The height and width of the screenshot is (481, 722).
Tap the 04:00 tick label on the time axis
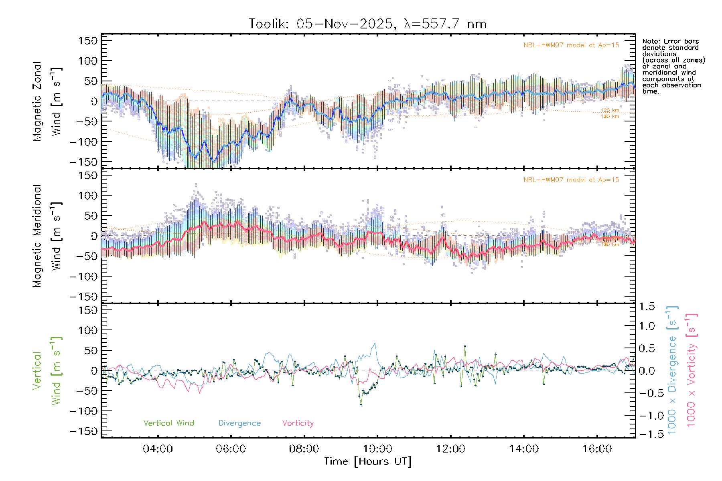[x=158, y=449]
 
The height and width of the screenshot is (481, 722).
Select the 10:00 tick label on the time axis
[x=377, y=449]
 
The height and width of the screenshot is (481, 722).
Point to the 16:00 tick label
[x=597, y=449]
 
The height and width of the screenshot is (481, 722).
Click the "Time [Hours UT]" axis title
[x=368, y=461]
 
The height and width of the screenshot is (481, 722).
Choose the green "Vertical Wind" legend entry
[x=168, y=423]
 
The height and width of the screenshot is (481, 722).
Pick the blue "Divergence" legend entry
[x=239, y=423]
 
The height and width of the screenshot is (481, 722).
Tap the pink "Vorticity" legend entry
[x=298, y=423]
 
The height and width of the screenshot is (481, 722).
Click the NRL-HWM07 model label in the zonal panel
[x=571, y=45]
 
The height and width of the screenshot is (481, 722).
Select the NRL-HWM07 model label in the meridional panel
[x=571, y=180]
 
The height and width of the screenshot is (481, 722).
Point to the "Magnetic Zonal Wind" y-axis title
[x=47, y=101]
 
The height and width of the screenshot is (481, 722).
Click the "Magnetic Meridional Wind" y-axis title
[x=47, y=236]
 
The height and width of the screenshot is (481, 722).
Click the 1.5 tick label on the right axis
[x=647, y=307]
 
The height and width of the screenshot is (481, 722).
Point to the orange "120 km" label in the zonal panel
[x=610, y=111]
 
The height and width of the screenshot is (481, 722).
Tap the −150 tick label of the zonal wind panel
[x=83, y=162]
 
